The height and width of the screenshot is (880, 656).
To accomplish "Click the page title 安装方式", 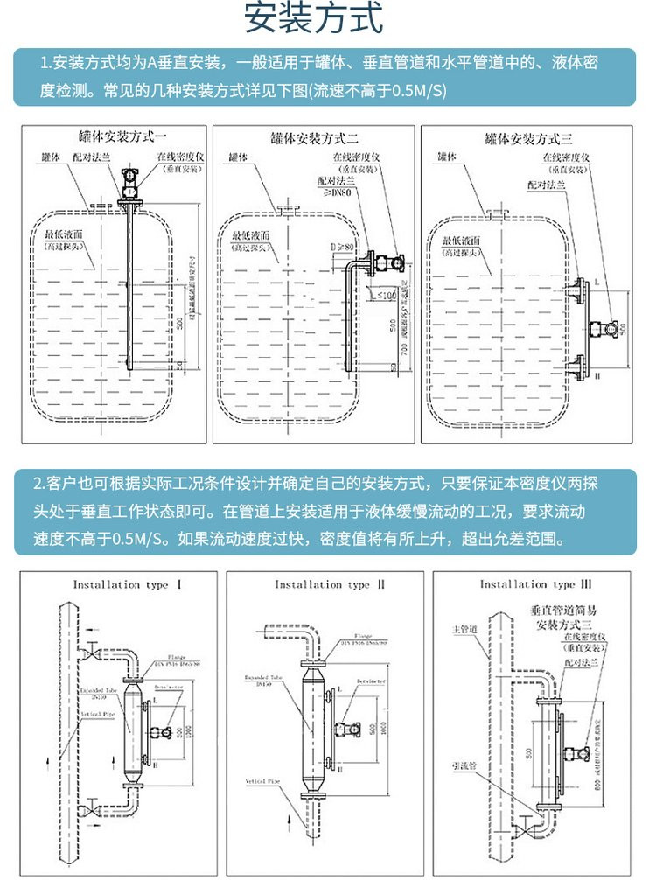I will (326, 19).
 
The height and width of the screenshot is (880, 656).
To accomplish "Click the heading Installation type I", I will (115, 584).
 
